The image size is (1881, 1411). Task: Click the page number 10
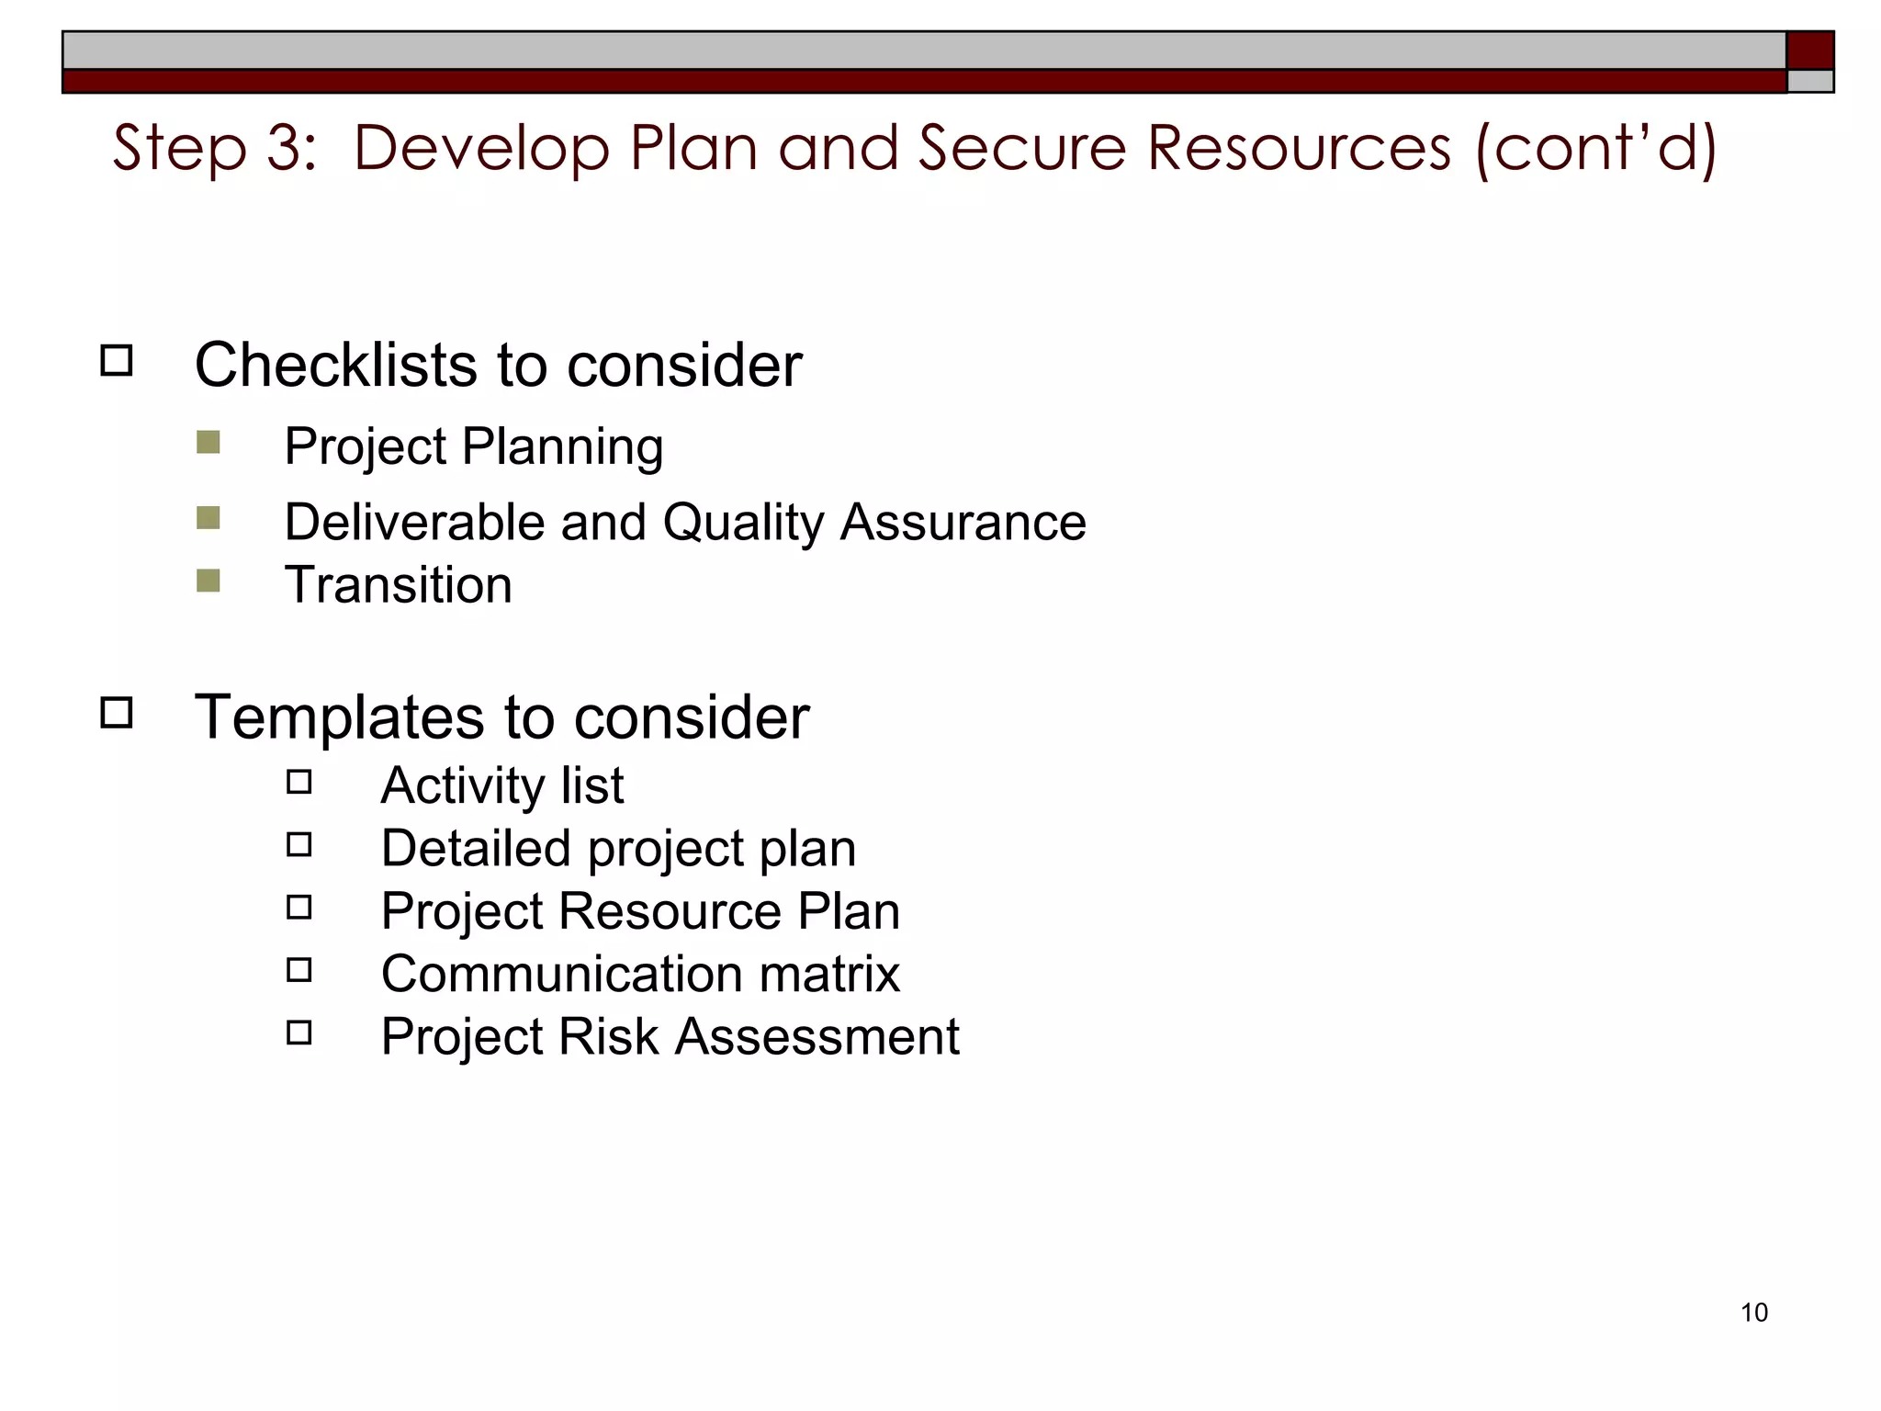(1753, 1312)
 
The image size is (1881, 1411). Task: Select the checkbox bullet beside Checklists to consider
(117, 360)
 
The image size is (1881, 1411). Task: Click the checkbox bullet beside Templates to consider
(117, 713)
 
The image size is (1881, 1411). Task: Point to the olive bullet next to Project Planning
(208, 443)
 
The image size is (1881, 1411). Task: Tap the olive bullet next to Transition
(208, 581)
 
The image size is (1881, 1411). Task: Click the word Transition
(399, 585)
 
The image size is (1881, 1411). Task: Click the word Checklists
(336, 365)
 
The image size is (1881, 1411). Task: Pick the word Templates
(339, 717)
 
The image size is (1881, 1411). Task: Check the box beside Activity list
(299, 783)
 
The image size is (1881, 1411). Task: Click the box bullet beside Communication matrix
(299, 970)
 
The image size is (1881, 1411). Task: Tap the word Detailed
(476, 848)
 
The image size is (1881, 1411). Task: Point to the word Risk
(608, 1036)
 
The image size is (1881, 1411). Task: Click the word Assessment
(817, 1036)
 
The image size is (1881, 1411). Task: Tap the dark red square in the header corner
(1809, 50)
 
